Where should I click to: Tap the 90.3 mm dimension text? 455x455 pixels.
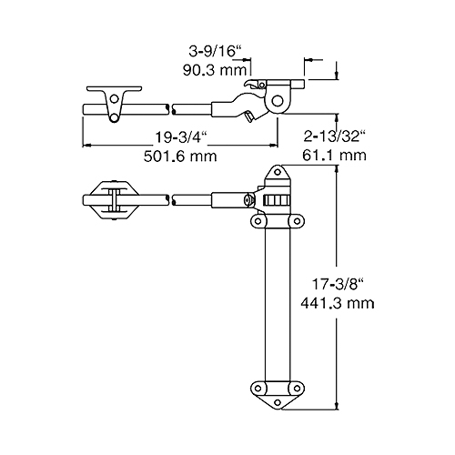215,70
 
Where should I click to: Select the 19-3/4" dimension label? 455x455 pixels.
181,137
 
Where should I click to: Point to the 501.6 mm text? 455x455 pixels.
180,157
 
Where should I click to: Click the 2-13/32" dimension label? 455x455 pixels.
334,136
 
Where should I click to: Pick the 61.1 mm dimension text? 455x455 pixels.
334,156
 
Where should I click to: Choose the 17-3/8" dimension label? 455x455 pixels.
338,284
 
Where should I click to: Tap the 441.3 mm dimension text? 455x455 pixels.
338,303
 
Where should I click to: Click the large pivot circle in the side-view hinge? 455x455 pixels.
277,101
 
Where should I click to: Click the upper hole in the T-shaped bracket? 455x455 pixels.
115,98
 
